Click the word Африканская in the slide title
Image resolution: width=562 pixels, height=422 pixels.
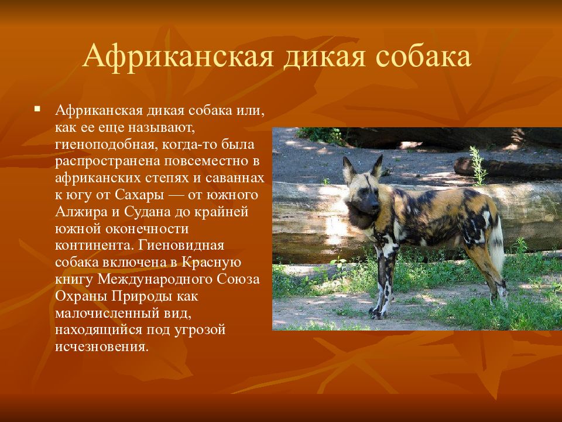(178, 56)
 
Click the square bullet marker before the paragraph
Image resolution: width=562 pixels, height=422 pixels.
(37, 108)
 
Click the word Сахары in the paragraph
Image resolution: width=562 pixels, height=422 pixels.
(139, 195)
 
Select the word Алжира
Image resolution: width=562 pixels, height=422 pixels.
(82, 212)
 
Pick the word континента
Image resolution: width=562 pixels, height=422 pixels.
(94, 246)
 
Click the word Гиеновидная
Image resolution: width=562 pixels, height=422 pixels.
(181, 246)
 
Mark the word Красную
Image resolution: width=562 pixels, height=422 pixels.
(211, 263)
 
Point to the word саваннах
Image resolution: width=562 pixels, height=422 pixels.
(234, 178)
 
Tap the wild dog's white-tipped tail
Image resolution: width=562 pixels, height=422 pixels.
(498, 242)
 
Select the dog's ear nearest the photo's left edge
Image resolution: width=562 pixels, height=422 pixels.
(348, 169)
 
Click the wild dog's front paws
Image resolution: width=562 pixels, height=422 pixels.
(379, 314)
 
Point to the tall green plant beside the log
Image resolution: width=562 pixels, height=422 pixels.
(478, 165)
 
